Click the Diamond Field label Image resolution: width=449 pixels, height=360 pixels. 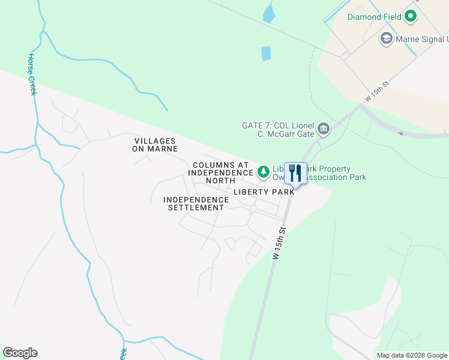tap(375, 17)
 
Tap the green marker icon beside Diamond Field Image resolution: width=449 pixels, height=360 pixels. tap(411, 17)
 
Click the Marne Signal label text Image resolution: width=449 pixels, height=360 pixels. tap(422, 40)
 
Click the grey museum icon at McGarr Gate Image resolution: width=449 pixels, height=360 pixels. tap(324, 128)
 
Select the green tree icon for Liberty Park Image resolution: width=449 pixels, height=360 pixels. tap(264, 172)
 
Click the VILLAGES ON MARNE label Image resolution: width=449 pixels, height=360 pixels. tap(155, 145)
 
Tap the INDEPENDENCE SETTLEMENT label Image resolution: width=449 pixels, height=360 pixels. tap(196, 203)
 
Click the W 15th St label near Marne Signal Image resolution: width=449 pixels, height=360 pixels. tap(378, 93)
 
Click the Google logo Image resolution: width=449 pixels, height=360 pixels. tap(20, 353)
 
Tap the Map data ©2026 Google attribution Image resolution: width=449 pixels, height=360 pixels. tap(412, 355)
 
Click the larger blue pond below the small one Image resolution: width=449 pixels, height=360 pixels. tap(266, 53)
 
